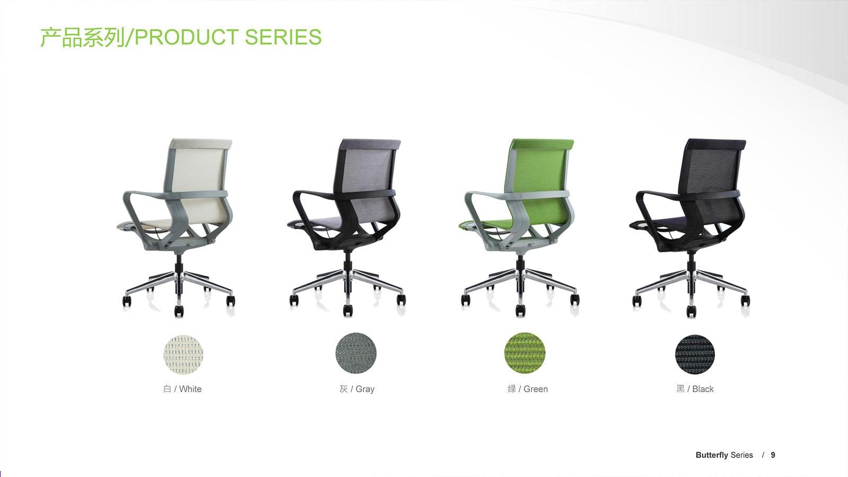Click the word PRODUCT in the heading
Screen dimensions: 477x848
click(186, 38)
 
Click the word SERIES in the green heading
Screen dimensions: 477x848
click(283, 38)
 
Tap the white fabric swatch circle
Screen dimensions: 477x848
click(183, 354)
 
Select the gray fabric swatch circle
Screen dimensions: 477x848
click(356, 353)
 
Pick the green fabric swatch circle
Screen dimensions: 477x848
click(525, 353)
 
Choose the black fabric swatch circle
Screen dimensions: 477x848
click(695, 354)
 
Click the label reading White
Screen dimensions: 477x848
click(190, 389)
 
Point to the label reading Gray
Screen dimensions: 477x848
click(365, 389)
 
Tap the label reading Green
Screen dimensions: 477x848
click(535, 389)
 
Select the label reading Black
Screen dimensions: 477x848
click(703, 389)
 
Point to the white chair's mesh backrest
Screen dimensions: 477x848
click(201, 170)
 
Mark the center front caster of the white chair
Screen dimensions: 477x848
click(179, 311)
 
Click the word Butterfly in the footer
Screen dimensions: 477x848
click(712, 455)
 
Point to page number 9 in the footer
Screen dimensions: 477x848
click(773, 455)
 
